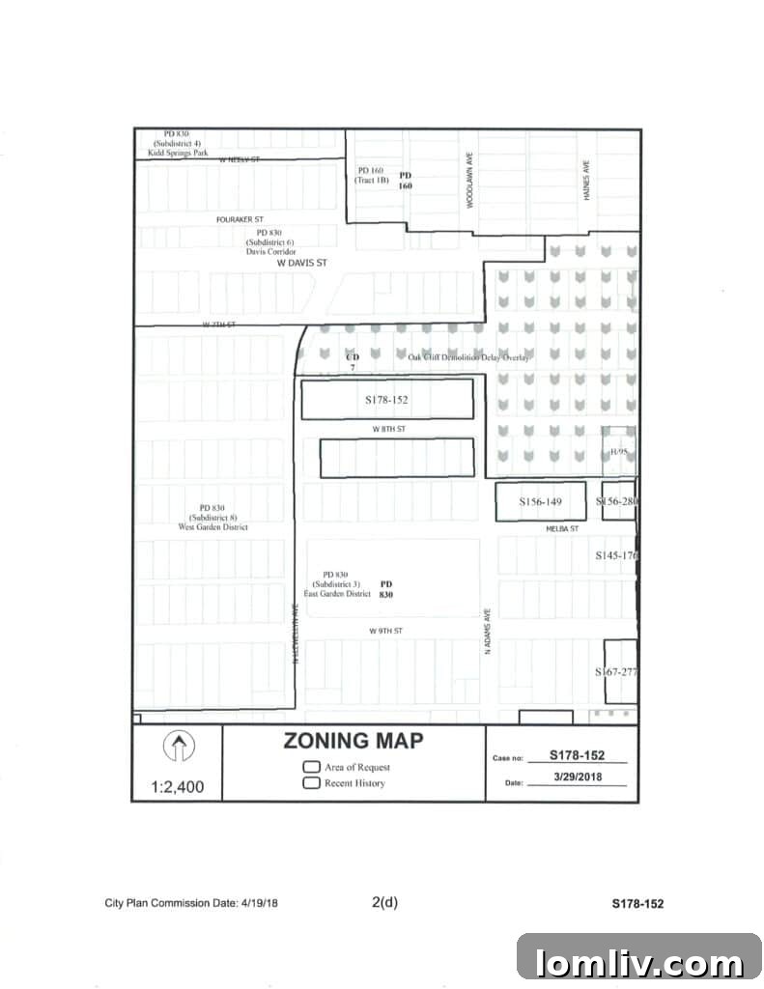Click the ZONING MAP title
[x=353, y=742]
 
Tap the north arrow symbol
[x=178, y=747]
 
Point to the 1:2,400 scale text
[x=178, y=786]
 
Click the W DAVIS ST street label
[x=303, y=262]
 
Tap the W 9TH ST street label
[x=384, y=630]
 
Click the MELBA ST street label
[x=560, y=529]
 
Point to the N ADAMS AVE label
[x=489, y=633]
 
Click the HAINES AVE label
[x=586, y=181]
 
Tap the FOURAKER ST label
[x=240, y=220]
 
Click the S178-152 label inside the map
[x=386, y=399]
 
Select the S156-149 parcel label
[x=540, y=502]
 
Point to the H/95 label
[x=618, y=452]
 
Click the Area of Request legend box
[x=311, y=767]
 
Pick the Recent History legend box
[x=311, y=783]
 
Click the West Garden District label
[x=213, y=527]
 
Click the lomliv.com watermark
[x=638, y=963]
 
